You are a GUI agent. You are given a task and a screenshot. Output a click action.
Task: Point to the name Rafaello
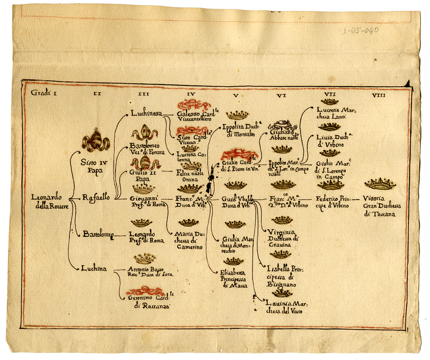tap(96, 197)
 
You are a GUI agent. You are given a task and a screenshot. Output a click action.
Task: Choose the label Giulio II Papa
tap(144, 177)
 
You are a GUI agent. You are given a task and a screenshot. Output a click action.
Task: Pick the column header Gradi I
tap(44, 93)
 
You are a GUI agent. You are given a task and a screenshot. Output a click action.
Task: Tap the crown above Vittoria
tap(380, 184)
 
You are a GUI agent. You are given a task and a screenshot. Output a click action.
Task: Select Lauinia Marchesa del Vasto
tap(286, 308)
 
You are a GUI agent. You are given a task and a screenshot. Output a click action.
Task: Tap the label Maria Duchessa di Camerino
tap(188, 241)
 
